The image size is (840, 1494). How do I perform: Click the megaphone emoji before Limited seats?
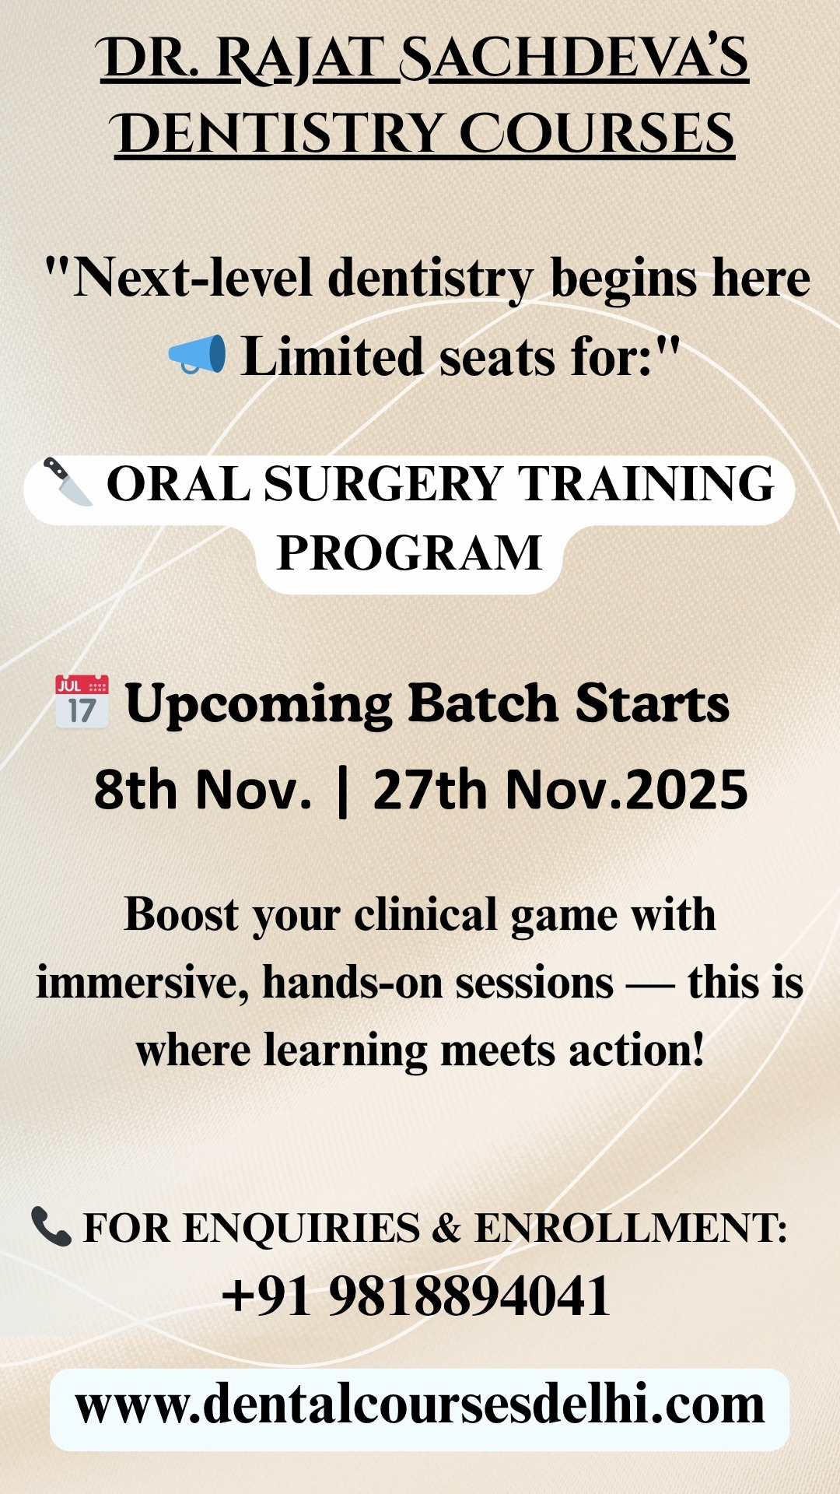point(198,355)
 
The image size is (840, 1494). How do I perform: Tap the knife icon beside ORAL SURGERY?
point(68,482)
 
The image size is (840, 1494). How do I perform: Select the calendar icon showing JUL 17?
point(82,702)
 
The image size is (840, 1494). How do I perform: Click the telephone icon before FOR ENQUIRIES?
point(51,1226)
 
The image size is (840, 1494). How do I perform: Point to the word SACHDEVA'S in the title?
point(574,59)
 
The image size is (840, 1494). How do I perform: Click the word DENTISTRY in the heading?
point(278,134)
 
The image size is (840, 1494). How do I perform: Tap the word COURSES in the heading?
point(597,134)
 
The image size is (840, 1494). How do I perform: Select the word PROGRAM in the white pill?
point(409,553)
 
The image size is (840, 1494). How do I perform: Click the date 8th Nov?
point(203,790)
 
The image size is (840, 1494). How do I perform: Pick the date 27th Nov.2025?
point(561,790)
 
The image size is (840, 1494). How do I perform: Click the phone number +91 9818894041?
point(416,1297)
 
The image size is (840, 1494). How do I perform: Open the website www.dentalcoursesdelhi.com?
point(420,1405)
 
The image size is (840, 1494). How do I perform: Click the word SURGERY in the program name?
point(383,484)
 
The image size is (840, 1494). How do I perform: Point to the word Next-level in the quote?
point(193,278)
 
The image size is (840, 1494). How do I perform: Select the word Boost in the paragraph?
point(181,914)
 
